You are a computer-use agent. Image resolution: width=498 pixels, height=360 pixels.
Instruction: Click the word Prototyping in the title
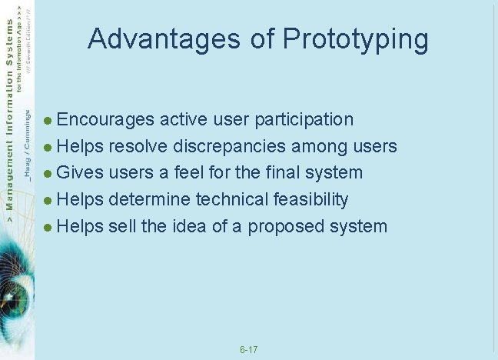[x=356, y=40]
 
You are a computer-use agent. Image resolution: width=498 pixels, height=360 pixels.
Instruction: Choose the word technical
[x=231, y=200]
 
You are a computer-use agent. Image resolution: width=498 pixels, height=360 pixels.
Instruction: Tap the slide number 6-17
[x=248, y=351]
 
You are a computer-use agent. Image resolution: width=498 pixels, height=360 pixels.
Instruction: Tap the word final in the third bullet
[x=289, y=173]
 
